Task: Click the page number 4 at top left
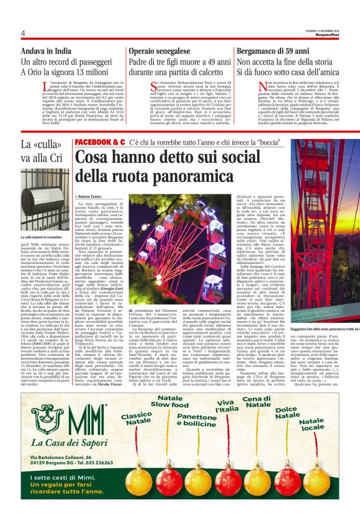coord(22,34)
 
